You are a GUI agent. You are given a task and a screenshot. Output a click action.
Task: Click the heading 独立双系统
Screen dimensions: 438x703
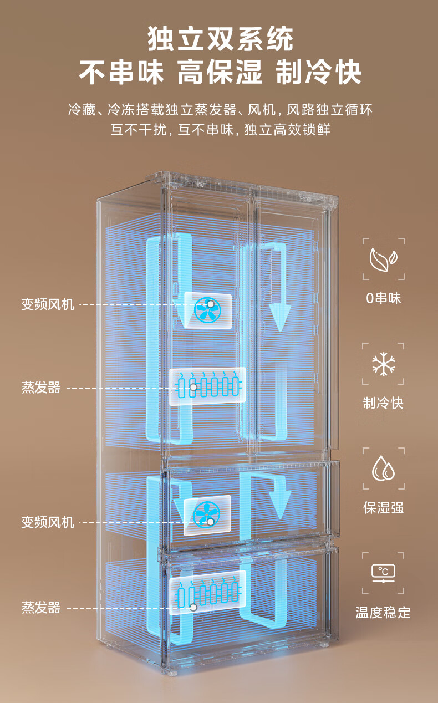(220, 40)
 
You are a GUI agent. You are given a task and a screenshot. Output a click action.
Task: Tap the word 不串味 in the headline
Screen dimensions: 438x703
(121, 73)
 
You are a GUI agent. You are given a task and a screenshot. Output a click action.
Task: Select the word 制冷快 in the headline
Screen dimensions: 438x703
(319, 73)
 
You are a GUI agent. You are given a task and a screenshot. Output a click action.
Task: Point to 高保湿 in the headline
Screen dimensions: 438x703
(220, 73)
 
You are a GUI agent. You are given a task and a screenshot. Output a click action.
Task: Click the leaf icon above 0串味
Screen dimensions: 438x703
(384, 258)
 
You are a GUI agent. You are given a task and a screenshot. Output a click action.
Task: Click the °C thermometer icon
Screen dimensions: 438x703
(384, 573)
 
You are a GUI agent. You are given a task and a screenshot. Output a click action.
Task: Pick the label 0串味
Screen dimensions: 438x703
(384, 298)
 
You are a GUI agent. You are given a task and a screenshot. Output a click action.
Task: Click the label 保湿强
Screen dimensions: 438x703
(384, 508)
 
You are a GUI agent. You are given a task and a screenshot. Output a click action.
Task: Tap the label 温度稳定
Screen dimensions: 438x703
(384, 613)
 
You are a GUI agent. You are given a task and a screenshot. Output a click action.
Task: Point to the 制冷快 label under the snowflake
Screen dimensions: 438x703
(384, 403)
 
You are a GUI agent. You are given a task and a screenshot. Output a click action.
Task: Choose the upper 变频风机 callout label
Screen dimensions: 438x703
(48, 304)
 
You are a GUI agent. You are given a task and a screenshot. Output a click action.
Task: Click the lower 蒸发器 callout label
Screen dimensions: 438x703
(41, 608)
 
